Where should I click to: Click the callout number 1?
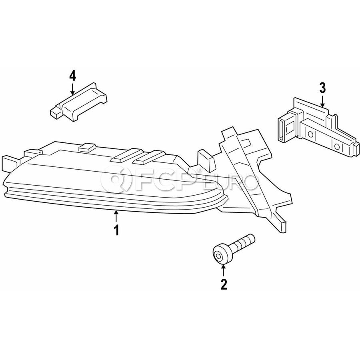[x=117, y=230]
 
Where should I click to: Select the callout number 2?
[x=224, y=284]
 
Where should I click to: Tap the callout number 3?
[x=322, y=88]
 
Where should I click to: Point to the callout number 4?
[x=72, y=76]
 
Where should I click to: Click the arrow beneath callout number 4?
[x=72, y=89]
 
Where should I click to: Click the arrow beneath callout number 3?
[x=322, y=101]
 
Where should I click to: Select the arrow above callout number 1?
[x=116, y=217]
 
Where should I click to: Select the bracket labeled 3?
[x=318, y=128]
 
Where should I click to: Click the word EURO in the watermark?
[x=230, y=182]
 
